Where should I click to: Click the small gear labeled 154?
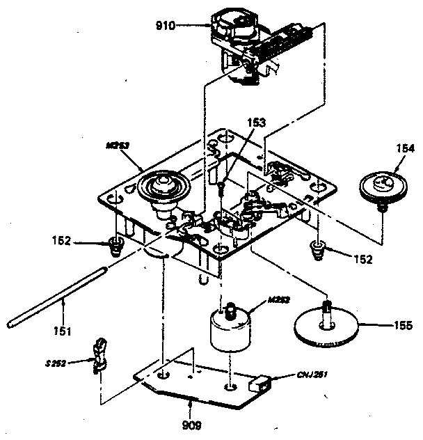click(381, 187)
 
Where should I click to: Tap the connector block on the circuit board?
click(260, 383)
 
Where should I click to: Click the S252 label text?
click(74, 363)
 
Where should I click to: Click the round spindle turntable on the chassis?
click(161, 188)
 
